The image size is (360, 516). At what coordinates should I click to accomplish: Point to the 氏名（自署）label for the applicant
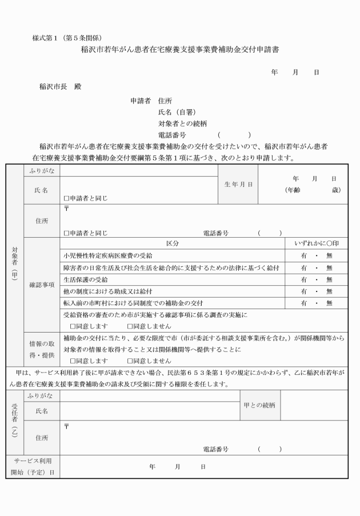(x=177, y=112)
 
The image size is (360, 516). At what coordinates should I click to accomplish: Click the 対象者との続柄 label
(x=182, y=123)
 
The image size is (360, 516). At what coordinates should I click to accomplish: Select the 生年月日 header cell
(x=238, y=185)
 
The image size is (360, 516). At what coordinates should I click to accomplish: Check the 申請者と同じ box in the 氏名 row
(x=66, y=199)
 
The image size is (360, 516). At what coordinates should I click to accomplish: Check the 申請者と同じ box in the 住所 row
(x=66, y=233)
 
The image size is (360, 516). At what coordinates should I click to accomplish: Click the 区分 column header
(x=172, y=243)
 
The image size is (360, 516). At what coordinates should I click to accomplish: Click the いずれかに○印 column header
(x=317, y=243)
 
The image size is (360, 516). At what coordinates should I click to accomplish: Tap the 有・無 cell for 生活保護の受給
(x=317, y=279)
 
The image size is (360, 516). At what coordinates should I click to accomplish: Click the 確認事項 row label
(x=41, y=285)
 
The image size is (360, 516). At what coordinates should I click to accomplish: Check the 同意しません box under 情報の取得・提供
(x=130, y=361)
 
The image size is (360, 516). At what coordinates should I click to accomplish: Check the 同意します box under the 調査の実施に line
(x=73, y=326)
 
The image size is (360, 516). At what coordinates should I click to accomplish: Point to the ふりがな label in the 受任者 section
(x=41, y=395)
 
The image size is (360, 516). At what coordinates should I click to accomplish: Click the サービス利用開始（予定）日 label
(x=32, y=466)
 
